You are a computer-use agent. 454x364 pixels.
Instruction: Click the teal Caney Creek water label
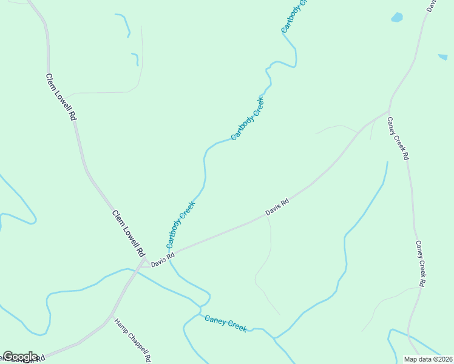(x=226, y=323)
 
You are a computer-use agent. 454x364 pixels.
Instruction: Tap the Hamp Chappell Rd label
(x=132, y=340)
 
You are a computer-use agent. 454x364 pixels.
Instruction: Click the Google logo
(x=20, y=357)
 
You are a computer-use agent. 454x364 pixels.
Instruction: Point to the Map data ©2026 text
(x=428, y=359)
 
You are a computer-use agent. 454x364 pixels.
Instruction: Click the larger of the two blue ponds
(x=397, y=18)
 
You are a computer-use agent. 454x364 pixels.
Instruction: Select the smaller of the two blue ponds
(x=442, y=57)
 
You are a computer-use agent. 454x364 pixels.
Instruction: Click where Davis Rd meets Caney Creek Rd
(x=388, y=111)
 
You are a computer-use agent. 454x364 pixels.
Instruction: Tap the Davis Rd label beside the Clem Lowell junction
(x=163, y=260)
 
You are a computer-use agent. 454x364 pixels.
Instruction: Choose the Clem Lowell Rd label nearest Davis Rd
(x=129, y=233)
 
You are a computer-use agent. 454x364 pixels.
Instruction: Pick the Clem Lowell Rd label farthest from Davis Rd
(x=61, y=97)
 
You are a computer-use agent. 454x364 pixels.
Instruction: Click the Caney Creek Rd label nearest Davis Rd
(x=398, y=138)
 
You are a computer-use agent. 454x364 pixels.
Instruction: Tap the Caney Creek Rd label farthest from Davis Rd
(x=421, y=263)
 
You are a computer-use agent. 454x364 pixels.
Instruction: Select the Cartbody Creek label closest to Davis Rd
(x=181, y=224)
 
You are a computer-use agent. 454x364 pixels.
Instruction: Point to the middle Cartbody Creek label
(x=248, y=118)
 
